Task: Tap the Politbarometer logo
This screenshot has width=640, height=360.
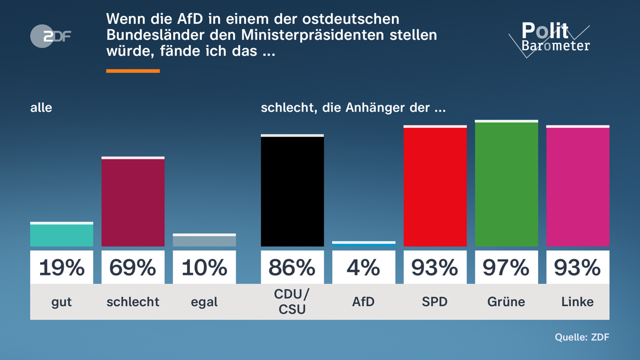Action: [x=549, y=38]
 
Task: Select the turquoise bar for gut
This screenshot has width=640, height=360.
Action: [x=61, y=235]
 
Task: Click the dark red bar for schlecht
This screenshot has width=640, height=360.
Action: [x=133, y=202]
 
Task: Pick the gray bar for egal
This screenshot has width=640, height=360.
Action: [x=204, y=241]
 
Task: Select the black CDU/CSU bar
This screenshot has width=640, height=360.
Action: [x=292, y=191]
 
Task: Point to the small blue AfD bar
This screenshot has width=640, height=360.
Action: [x=363, y=244]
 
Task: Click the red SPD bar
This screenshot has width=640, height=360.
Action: [x=434, y=187]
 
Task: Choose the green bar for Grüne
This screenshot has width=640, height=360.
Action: [x=506, y=184]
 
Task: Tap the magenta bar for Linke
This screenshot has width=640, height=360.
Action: [x=577, y=187]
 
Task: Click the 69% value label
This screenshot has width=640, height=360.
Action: [x=133, y=268]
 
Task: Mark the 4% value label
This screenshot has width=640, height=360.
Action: [x=363, y=268]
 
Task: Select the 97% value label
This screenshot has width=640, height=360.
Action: [x=506, y=268]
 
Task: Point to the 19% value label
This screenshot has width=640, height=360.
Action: [x=61, y=268]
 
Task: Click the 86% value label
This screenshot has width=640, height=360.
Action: [x=292, y=268]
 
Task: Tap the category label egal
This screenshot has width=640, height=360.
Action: [x=204, y=302]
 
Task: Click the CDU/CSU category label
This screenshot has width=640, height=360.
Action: [x=292, y=302]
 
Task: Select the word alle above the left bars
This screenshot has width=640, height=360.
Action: [x=41, y=107]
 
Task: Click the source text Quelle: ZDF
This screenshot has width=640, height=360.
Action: [x=581, y=337]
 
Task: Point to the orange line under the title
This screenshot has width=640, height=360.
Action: [x=133, y=71]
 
